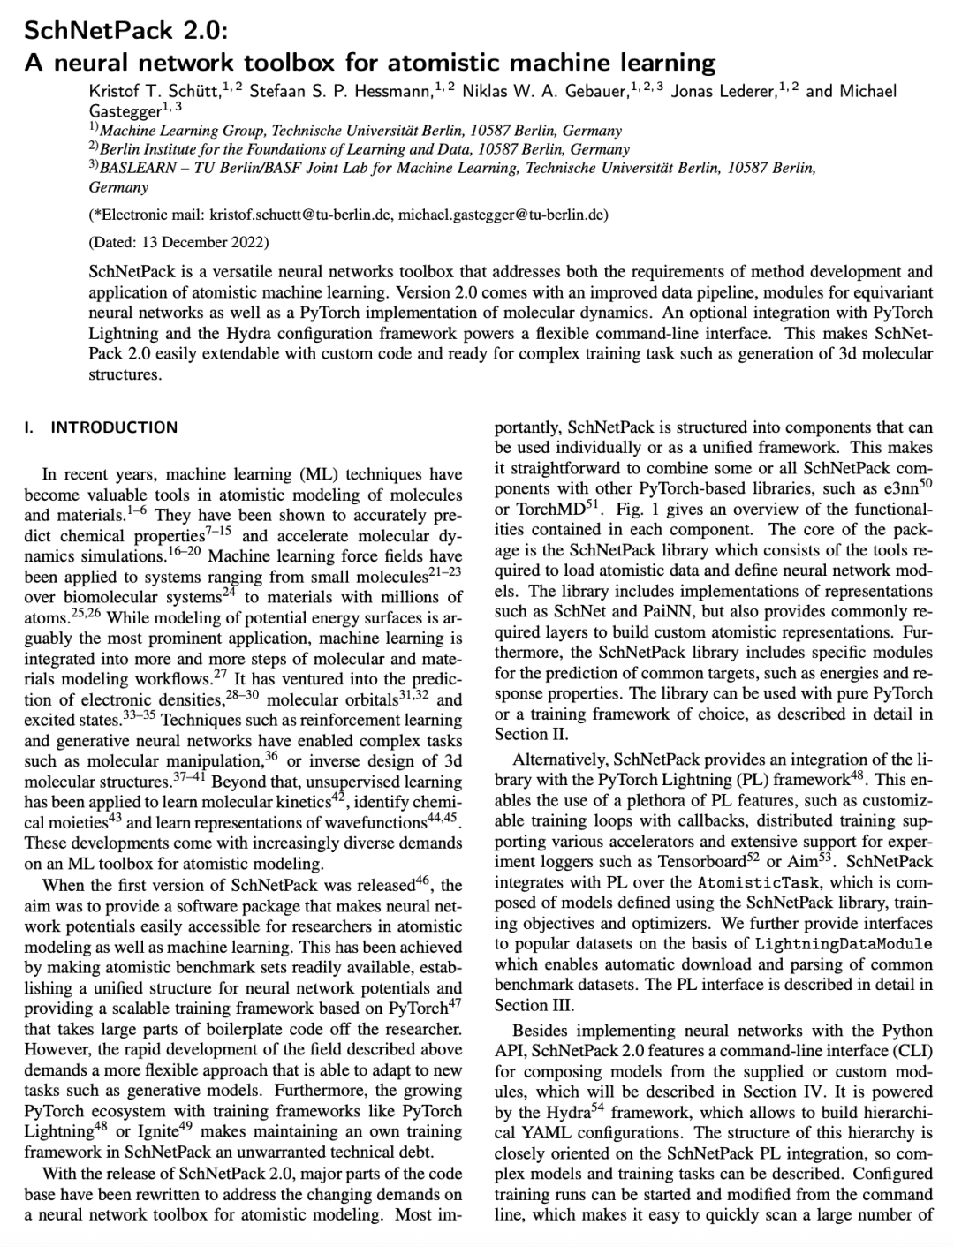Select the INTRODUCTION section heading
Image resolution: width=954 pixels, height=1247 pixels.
[x=114, y=427]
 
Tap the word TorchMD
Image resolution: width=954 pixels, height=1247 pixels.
[x=548, y=510]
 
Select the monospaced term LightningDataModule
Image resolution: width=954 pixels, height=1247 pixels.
[x=844, y=943]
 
